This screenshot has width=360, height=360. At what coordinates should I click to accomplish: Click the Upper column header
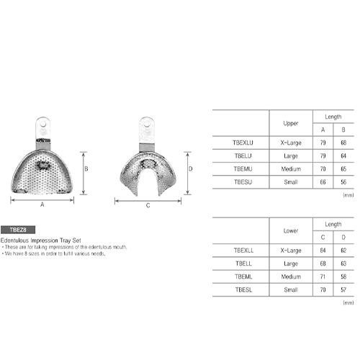tap(291, 122)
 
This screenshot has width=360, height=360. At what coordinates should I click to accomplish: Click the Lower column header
tap(291, 230)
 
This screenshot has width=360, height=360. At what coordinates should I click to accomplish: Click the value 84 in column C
tap(323, 250)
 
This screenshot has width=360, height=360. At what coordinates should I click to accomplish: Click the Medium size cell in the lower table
tap(291, 276)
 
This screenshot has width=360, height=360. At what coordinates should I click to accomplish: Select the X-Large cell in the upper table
tap(291, 143)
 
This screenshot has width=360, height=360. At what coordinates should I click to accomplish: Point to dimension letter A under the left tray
tap(42, 205)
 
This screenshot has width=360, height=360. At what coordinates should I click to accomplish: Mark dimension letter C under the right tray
tap(148, 205)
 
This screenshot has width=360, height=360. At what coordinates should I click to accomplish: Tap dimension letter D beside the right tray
tap(190, 170)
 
